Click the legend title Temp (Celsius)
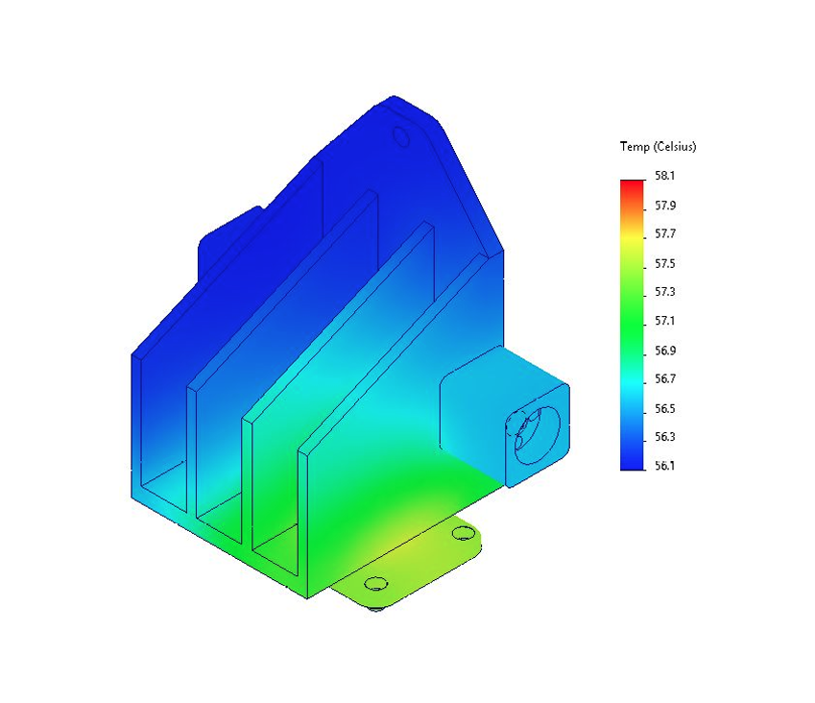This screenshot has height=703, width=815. [x=658, y=147]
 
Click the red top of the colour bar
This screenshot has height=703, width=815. [x=632, y=184]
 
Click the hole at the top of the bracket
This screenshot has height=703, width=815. [x=401, y=138]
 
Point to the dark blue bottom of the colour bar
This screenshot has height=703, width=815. [x=632, y=461]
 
